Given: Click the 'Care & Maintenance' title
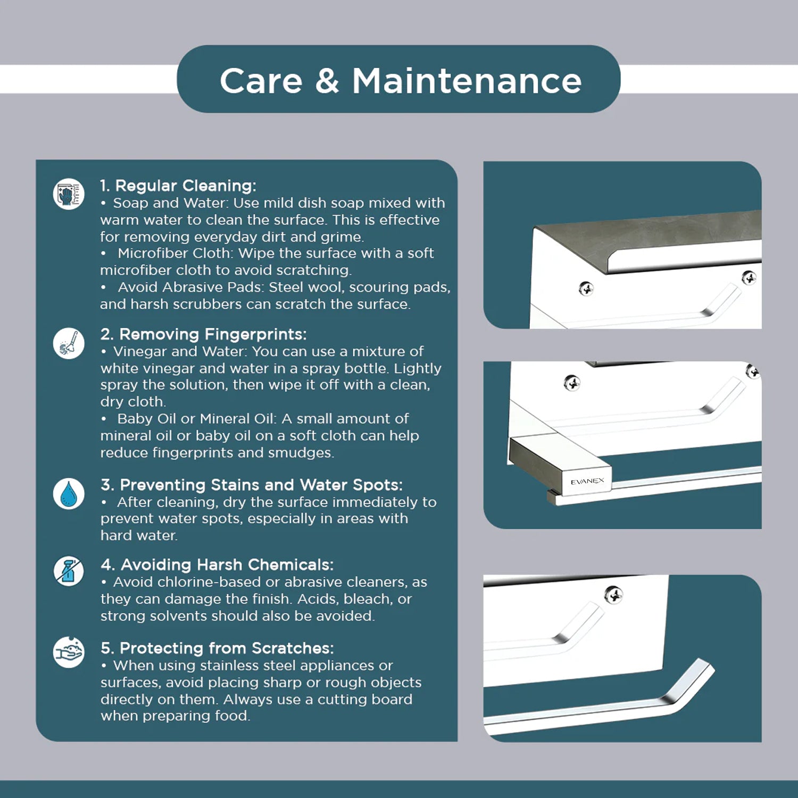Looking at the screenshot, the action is coord(401,81).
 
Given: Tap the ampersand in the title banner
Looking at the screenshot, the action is coord(327,81).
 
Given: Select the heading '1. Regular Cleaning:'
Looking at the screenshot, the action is coord(178,186).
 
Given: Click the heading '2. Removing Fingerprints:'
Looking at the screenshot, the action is coord(203,334).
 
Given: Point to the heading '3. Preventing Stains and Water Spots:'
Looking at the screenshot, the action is coord(252,485).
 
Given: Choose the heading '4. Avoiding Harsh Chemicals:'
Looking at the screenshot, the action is coord(217,564).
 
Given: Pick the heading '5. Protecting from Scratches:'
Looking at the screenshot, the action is coord(217,648).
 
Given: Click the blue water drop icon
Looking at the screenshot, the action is coord(69,494).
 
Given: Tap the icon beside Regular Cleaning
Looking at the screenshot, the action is coord(69,194).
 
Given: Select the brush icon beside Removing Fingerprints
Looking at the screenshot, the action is coord(69,343).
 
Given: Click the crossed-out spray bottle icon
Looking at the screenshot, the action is coord(69,571).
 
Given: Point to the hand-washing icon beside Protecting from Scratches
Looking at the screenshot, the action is coord(69,652).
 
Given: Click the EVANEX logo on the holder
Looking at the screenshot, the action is coord(587,481).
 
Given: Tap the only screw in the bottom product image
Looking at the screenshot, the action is coord(614,594).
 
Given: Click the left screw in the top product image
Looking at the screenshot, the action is coord(586,289).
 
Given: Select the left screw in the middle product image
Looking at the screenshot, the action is coord(572,383).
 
